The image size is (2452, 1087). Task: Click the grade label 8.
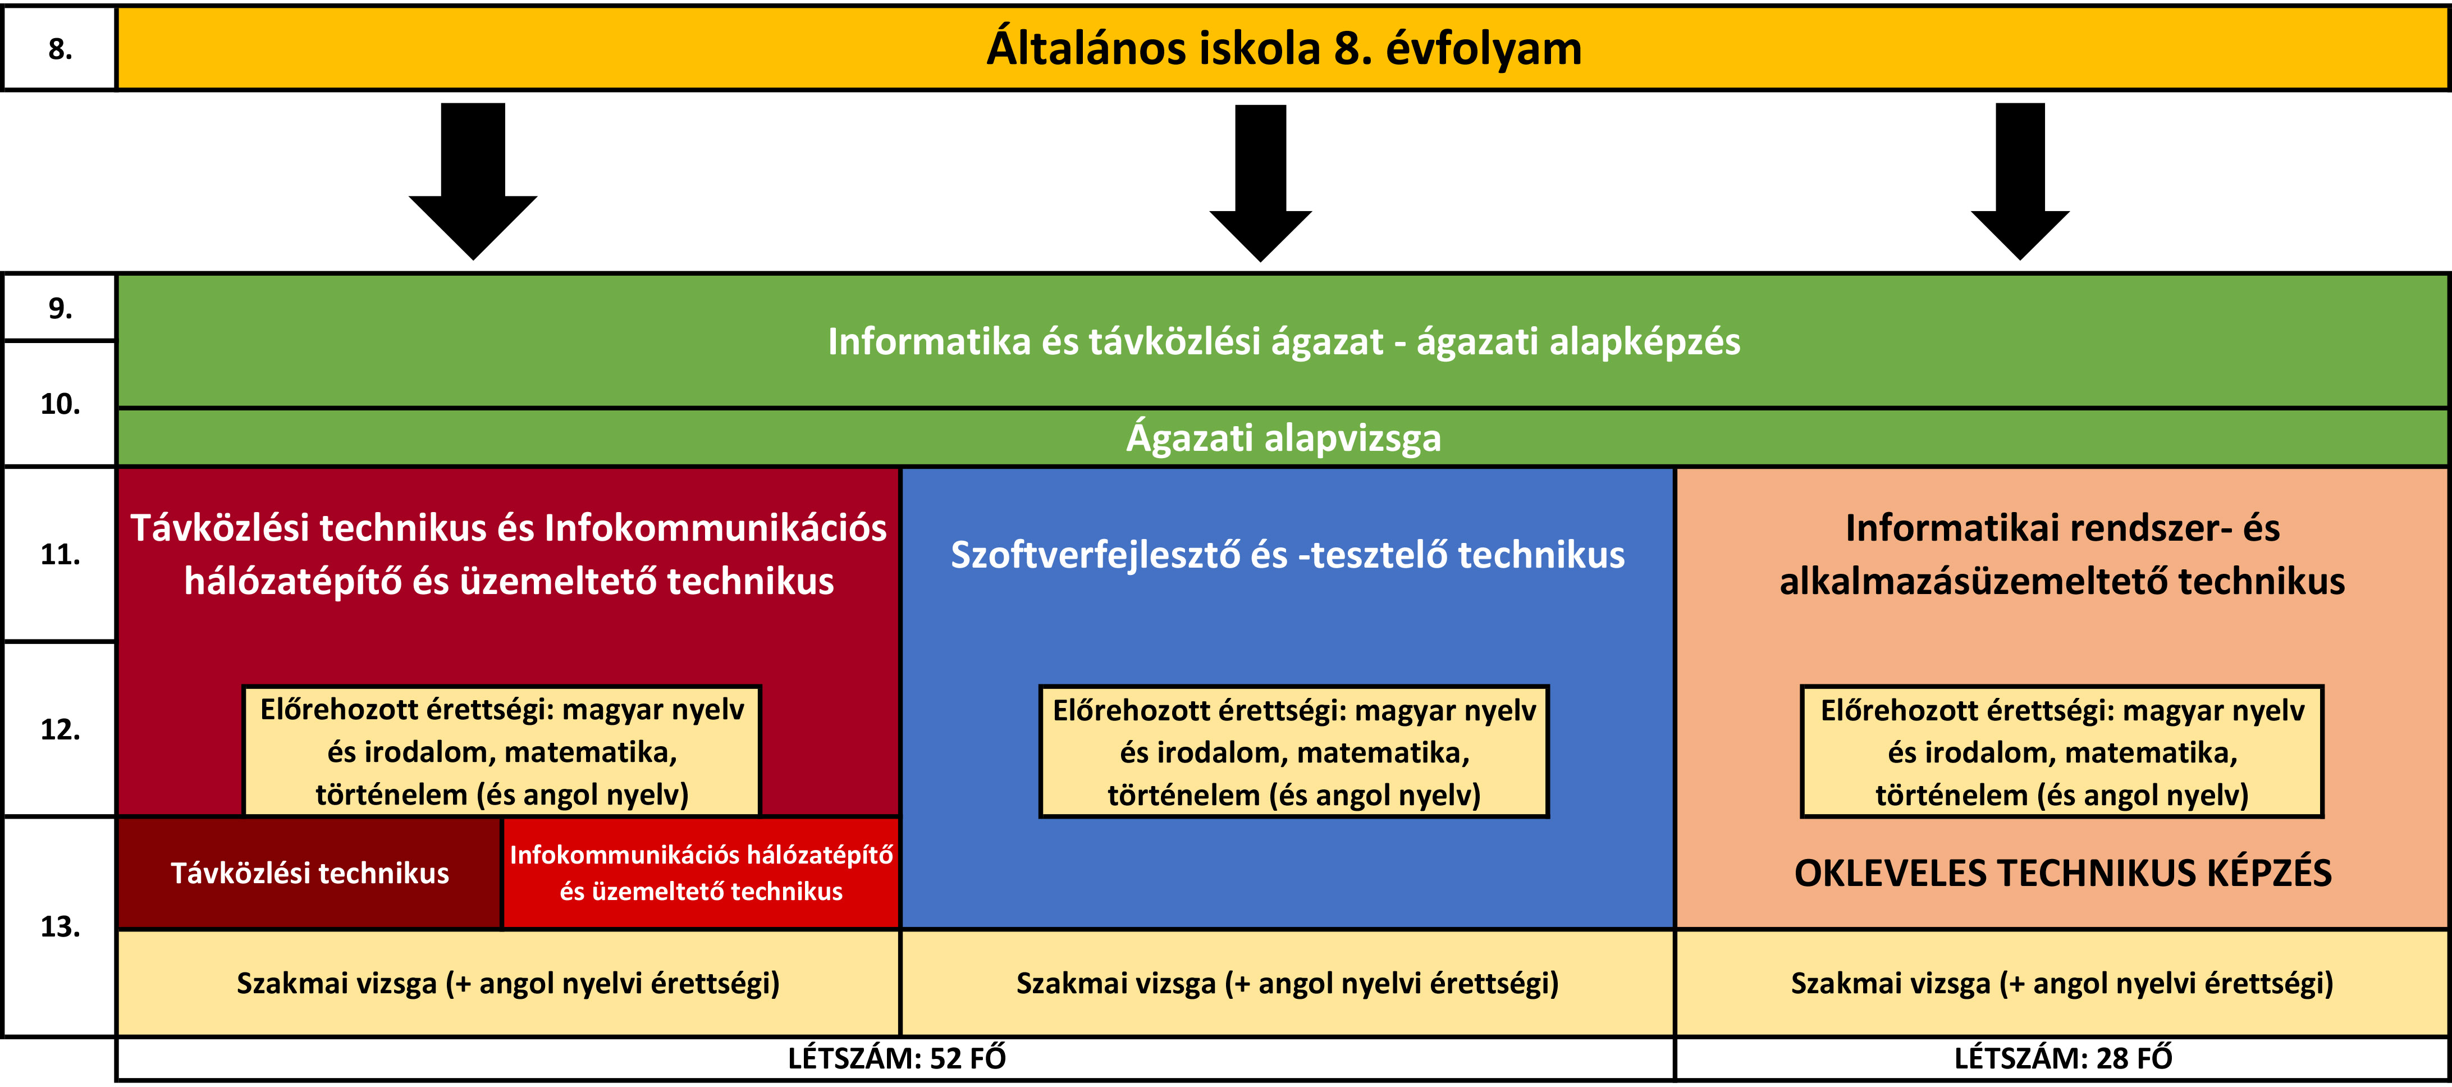[60, 48]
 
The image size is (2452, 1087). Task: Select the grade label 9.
[60, 308]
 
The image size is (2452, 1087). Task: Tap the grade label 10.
[60, 404]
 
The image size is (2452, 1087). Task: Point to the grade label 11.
[60, 554]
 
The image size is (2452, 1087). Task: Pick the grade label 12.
[60, 729]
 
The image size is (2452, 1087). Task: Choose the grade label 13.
[60, 926]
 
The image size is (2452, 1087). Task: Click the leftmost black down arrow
[473, 181]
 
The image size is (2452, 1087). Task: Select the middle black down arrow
[1260, 182]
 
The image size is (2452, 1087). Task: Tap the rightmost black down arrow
[2020, 181]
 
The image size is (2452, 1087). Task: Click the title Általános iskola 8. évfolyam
[1283, 48]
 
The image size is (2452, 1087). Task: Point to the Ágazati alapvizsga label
[1283, 438]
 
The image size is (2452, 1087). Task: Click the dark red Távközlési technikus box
[309, 873]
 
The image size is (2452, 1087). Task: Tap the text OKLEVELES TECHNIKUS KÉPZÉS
[2062, 873]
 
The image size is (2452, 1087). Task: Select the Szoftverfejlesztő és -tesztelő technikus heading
[1288, 555]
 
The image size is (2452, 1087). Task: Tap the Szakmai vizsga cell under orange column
[2062, 983]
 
